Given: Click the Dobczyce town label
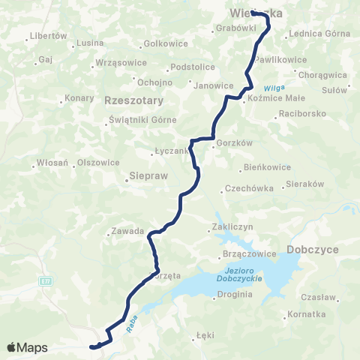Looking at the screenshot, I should pos(313,250).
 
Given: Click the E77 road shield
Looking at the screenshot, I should pos(45,280).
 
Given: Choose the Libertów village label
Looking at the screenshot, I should pos(49,36).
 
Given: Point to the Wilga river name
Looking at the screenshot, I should pos(272,87).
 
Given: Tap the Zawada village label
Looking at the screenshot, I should pos(126,232).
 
